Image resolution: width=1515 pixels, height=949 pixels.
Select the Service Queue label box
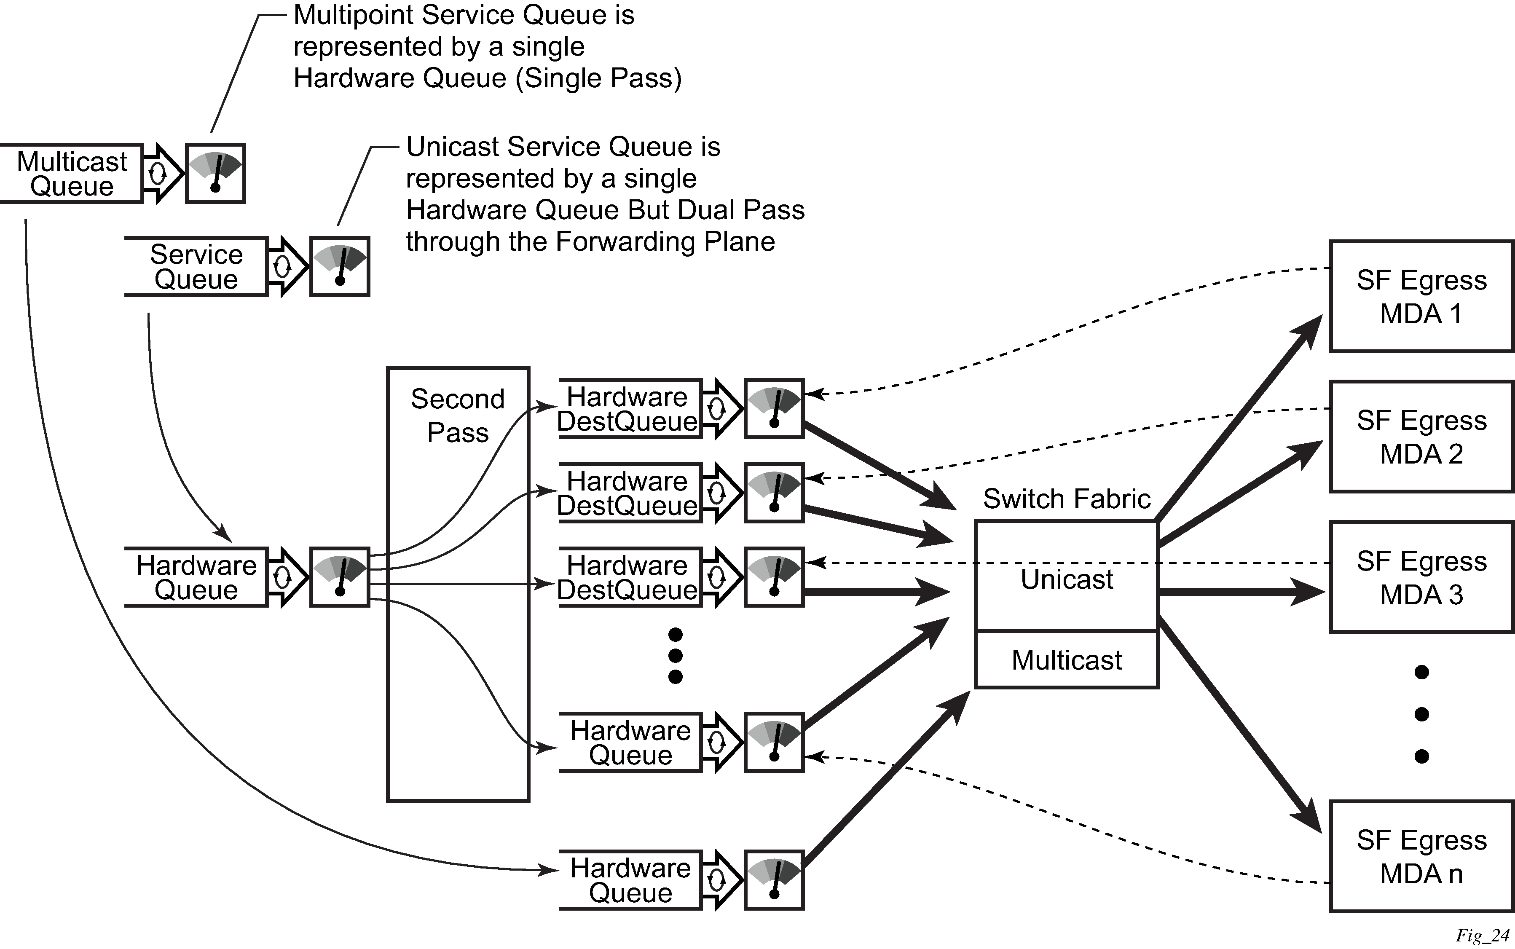[x=196, y=267]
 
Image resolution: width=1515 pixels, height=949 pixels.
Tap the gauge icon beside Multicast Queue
[x=215, y=173]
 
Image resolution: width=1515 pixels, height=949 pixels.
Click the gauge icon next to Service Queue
[x=340, y=266]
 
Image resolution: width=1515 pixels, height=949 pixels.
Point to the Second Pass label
[x=458, y=416]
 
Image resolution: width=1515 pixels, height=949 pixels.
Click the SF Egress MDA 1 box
[x=1421, y=296]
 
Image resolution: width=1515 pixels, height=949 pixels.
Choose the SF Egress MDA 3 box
[x=1421, y=577]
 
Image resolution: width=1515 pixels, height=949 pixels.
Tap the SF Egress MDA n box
[x=1421, y=857]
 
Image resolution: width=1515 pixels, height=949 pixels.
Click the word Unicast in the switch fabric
[x=1066, y=579]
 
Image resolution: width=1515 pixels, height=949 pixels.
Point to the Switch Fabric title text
[x=1066, y=499]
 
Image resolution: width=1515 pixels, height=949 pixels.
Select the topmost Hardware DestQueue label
[x=627, y=409]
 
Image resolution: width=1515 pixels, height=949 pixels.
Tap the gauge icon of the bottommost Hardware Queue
[x=774, y=880]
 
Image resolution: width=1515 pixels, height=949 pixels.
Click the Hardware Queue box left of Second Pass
[x=196, y=577]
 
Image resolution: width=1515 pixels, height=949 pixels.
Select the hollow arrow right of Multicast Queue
[x=162, y=173]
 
